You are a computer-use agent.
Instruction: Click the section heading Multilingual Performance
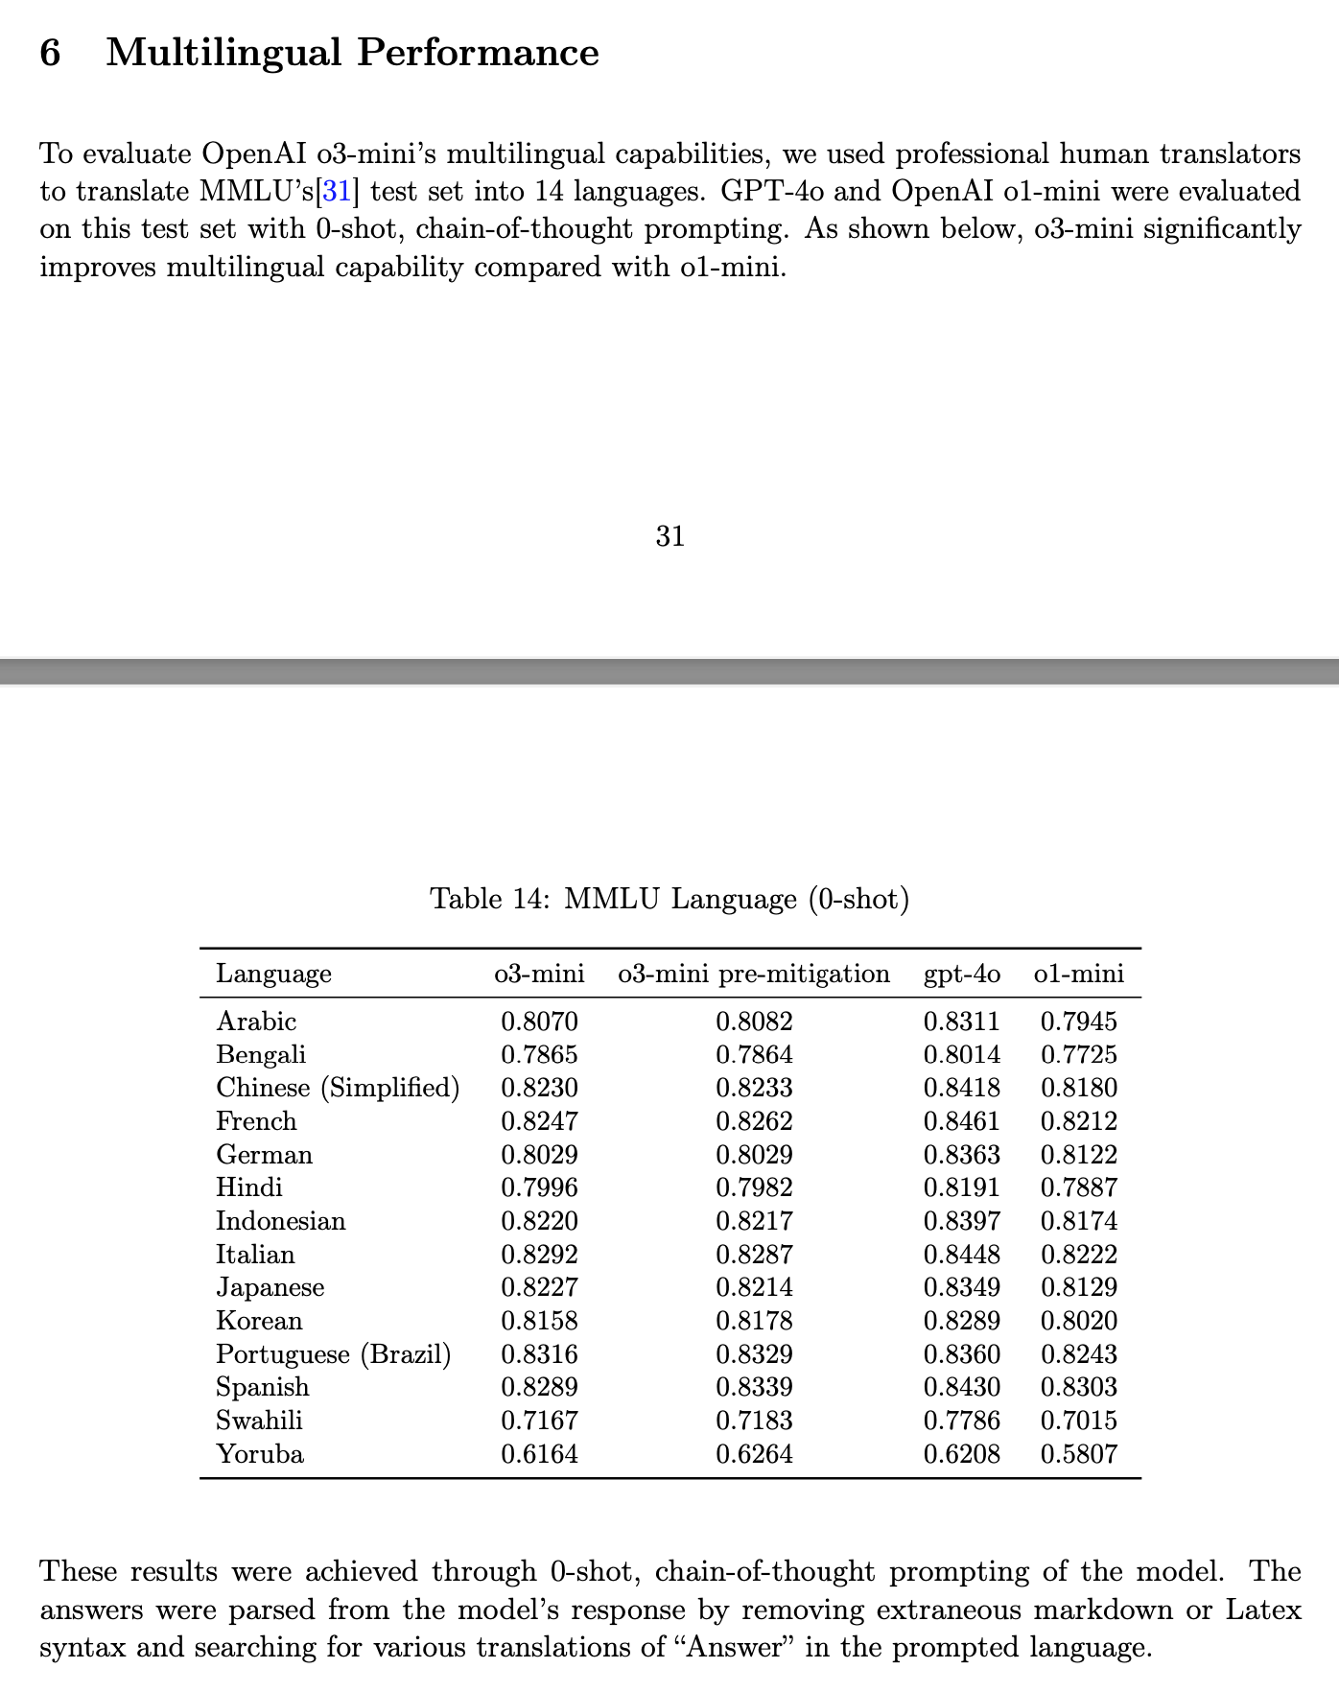point(352,53)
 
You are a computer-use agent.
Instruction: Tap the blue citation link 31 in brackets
point(336,192)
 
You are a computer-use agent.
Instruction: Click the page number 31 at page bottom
point(669,536)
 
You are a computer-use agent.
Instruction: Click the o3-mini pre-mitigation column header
point(754,974)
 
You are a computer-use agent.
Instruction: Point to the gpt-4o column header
point(961,974)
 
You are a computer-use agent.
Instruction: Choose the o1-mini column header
point(1078,974)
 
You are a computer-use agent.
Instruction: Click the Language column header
point(273,974)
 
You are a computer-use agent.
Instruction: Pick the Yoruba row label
point(260,1454)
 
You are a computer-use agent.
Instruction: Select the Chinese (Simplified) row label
point(338,1088)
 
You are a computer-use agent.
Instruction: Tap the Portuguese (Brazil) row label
point(333,1354)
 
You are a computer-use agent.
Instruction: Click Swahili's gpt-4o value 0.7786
point(961,1421)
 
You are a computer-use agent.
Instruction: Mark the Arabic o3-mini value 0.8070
point(539,1022)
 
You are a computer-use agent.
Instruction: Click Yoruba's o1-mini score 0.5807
point(1078,1454)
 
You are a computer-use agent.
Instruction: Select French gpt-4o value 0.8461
point(961,1121)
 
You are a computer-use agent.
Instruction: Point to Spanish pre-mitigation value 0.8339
point(754,1387)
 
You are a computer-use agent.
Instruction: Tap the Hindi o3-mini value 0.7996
point(539,1187)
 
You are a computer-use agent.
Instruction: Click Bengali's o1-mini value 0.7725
point(1078,1055)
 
